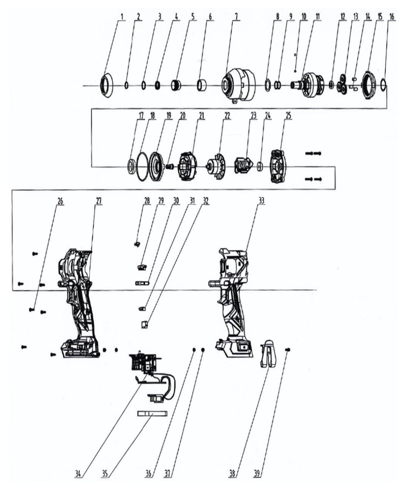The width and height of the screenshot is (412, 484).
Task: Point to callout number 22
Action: pos(227,117)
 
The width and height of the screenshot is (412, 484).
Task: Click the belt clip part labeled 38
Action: pos(269,353)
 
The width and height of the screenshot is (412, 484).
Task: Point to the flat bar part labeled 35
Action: pos(152,414)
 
